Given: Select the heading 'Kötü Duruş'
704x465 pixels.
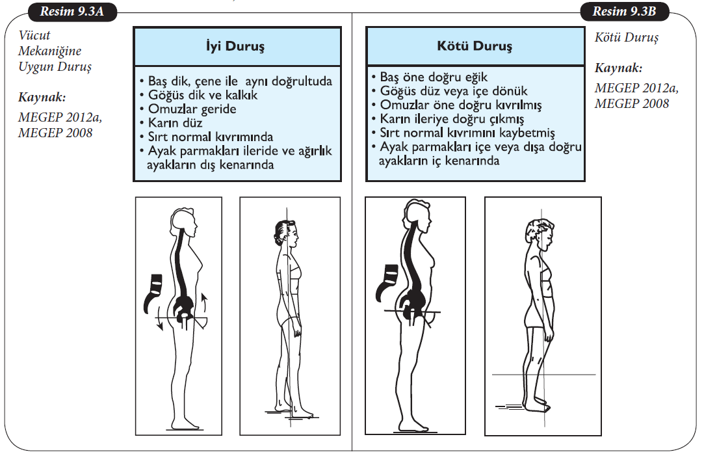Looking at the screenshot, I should (x=474, y=46).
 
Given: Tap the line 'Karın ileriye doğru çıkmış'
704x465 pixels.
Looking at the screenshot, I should (x=452, y=119).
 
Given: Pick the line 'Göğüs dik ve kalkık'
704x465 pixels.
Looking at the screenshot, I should (x=198, y=95).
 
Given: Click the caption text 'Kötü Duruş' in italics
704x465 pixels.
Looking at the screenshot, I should (x=627, y=38).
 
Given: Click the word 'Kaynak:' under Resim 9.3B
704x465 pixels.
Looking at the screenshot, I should (x=618, y=67).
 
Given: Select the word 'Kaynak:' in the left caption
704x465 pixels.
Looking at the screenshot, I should (x=43, y=98).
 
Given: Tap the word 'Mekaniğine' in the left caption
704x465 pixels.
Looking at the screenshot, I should (x=50, y=51).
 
